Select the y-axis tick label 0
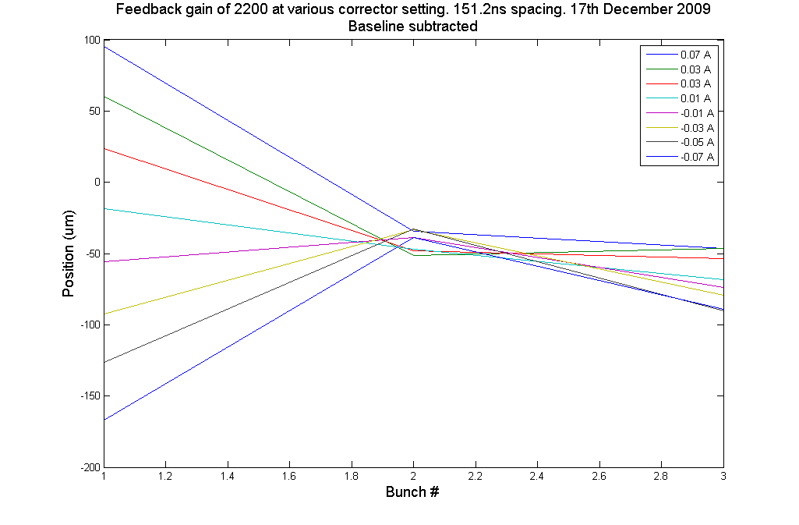96,183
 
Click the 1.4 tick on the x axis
228,475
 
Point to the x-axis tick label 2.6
599,475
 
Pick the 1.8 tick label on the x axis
352,475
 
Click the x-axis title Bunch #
413,492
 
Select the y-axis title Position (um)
69,254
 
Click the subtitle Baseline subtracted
413,26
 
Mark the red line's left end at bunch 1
104,148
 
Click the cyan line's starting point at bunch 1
104,208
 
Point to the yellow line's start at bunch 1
104,314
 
